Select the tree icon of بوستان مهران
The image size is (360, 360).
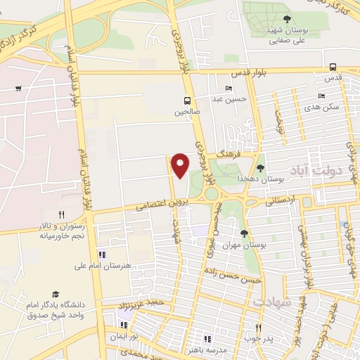(245, 233)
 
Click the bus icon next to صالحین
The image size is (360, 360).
(187, 100)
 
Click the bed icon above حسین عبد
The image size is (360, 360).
(228, 88)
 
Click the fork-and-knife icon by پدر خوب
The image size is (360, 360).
(258, 328)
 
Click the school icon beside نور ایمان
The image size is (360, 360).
(124, 326)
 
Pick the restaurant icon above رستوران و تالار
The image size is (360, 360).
(61, 214)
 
